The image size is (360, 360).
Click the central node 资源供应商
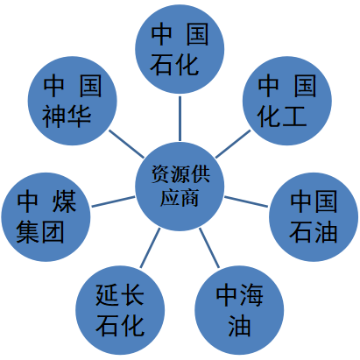click(x=180, y=187)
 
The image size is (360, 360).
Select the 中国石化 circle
click(x=180, y=49)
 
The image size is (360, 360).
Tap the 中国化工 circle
click(x=287, y=101)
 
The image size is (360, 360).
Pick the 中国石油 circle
click(x=314, y=217)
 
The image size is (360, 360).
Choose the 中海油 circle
click(x=239, y=310)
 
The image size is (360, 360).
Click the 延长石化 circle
click(x=120, y=310)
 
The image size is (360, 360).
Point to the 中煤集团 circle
click(x=46, y=217)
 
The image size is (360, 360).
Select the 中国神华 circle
click(x=72, y=101)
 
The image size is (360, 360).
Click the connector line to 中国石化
click(x=180, y=118)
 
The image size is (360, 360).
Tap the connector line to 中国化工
click(x=233, y=144)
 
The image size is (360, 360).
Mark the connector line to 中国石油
click(x=246, y=201)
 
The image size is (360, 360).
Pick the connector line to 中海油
click(x=209, y=248)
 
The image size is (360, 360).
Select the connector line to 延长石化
click(x=150, y=248)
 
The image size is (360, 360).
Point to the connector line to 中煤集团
click(x=113, y=201)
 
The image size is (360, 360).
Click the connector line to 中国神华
click(x=126, y=144)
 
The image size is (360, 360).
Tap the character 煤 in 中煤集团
click(x=64, y=201)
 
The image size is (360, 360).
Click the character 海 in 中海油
click(x=251, y=294)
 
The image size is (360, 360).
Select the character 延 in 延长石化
click(x=107, y=294)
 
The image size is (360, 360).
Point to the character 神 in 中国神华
click(x=54, y=116)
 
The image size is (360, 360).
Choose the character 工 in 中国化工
click(x=294, y=116)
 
